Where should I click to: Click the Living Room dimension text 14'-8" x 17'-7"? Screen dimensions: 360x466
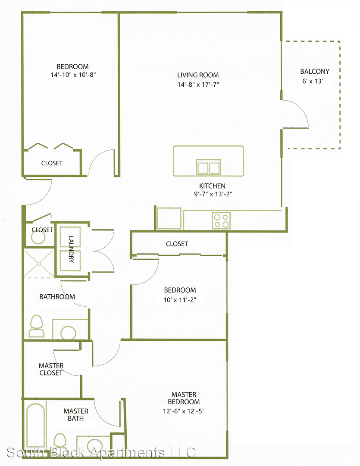[x=198, y=85]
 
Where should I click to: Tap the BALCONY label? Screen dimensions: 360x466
[x=315, y=71]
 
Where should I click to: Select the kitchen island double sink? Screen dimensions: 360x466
[x=208, y=167]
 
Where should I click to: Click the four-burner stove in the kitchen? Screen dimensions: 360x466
[x=221, y=220]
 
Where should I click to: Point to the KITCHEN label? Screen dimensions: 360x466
[x=212, y=186]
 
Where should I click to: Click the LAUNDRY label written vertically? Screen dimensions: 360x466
[x=71, y=249]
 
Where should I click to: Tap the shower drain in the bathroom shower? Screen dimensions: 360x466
[x=39, y=263]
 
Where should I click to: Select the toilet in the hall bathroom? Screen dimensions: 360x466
[x=37, y=326]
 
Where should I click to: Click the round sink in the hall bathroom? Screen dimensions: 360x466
[x=68, y=333]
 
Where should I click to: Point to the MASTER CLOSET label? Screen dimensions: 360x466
[x=51, y=369]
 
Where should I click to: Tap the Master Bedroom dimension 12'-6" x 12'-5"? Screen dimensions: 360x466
[x=184, y=411]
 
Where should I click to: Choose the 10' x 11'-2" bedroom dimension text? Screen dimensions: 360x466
[x=180, y=299]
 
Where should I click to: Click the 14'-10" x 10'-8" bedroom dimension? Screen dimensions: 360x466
[x=73, y=75]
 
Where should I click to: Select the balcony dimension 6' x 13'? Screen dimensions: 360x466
[x=313, y=81]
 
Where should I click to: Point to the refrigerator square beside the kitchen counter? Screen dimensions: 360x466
[x=169, y=218]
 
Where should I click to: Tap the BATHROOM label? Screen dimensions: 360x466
[x=57, y=296]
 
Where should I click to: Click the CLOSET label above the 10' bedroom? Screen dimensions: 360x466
[x=177, y=244]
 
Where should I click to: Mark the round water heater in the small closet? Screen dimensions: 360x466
[x=38, y=238]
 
